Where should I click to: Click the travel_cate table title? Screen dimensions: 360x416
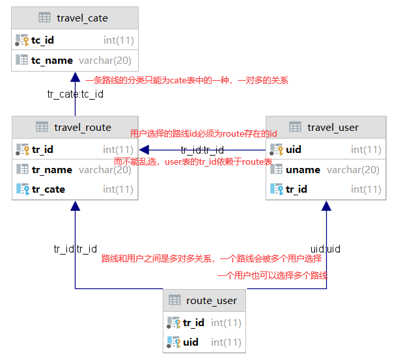pyautogui.click(x=82, y=18)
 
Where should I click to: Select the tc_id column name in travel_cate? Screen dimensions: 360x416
pyautogui.click(x=42, y=40)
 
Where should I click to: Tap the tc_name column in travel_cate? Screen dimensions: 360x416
pyautogui.click(x=51, y=61)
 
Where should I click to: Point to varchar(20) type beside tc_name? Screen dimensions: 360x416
pyautogui.click(x=105, y=61)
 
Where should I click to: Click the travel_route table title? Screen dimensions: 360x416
pyautogui.click(x=83, y=127)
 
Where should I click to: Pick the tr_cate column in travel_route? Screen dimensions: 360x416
pyautogui.click(x=48, y=189)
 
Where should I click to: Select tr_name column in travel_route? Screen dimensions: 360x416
pyautogui.click(x=51, y=169)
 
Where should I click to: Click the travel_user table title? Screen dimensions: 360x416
pyautogui.click(x=333, y=127)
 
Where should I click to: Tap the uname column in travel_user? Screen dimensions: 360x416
pyautogui.click(x=303, y=169)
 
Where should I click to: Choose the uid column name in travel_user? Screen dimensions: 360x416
pyautogui.click(x=294, y=150)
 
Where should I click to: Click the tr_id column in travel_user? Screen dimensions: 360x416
pyautogui.click(x=296, y=189)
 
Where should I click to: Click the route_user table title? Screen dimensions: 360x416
pyautogui.click(x=212, y=300)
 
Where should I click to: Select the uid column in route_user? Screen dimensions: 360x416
pyautogui.click(x=191, y=342)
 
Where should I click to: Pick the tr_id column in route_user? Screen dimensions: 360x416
pyautogui.click(x=193, y=323)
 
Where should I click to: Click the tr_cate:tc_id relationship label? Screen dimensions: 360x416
pyautogui.click(x=75, y=94)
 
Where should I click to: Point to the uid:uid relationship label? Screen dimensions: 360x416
pyautogui.click(x=325, y=249)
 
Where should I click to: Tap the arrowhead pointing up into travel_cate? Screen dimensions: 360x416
pyautogui.click(x=76, y=76)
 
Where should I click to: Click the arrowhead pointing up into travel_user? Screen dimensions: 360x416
pyautogui.click(x=326, y=205)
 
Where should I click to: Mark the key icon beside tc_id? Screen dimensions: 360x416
pyautogui.click(x=21, y=40)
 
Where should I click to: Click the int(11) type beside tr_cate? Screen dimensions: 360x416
pyautogui.click(x=118, y=189)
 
